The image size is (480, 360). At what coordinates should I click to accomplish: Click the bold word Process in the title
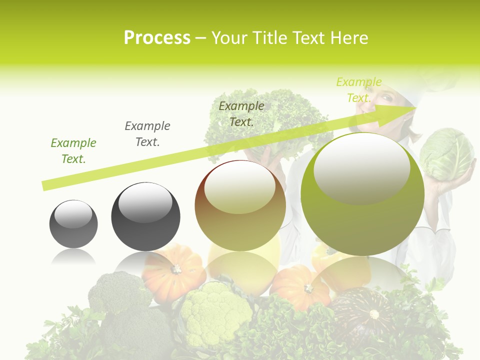157,38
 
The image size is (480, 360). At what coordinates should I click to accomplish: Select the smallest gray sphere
73,224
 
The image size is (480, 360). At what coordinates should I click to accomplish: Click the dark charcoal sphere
145,217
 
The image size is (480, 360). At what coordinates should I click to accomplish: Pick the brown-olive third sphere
240,206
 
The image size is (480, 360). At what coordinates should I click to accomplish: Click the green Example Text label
73,151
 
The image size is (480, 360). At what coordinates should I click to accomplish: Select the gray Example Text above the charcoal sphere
147,134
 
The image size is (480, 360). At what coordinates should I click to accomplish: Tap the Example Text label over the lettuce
241,114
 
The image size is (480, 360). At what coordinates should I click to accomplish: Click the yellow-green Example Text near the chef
358,90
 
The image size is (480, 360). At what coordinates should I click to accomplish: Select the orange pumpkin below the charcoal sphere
173,272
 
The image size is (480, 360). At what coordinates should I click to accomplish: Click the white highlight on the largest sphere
361,167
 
